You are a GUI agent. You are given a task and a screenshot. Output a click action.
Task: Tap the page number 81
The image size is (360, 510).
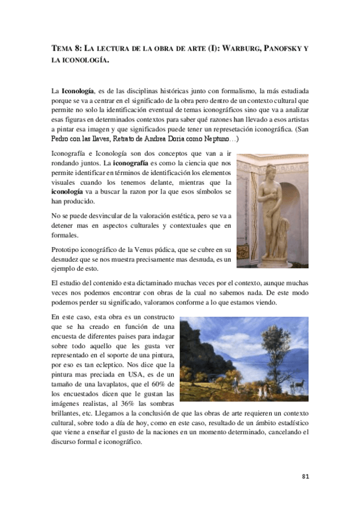click(305, 476)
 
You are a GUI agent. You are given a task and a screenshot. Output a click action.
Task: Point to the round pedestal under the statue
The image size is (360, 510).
click(269, 259)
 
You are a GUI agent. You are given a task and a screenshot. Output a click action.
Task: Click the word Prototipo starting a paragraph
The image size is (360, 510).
click(66, 248)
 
